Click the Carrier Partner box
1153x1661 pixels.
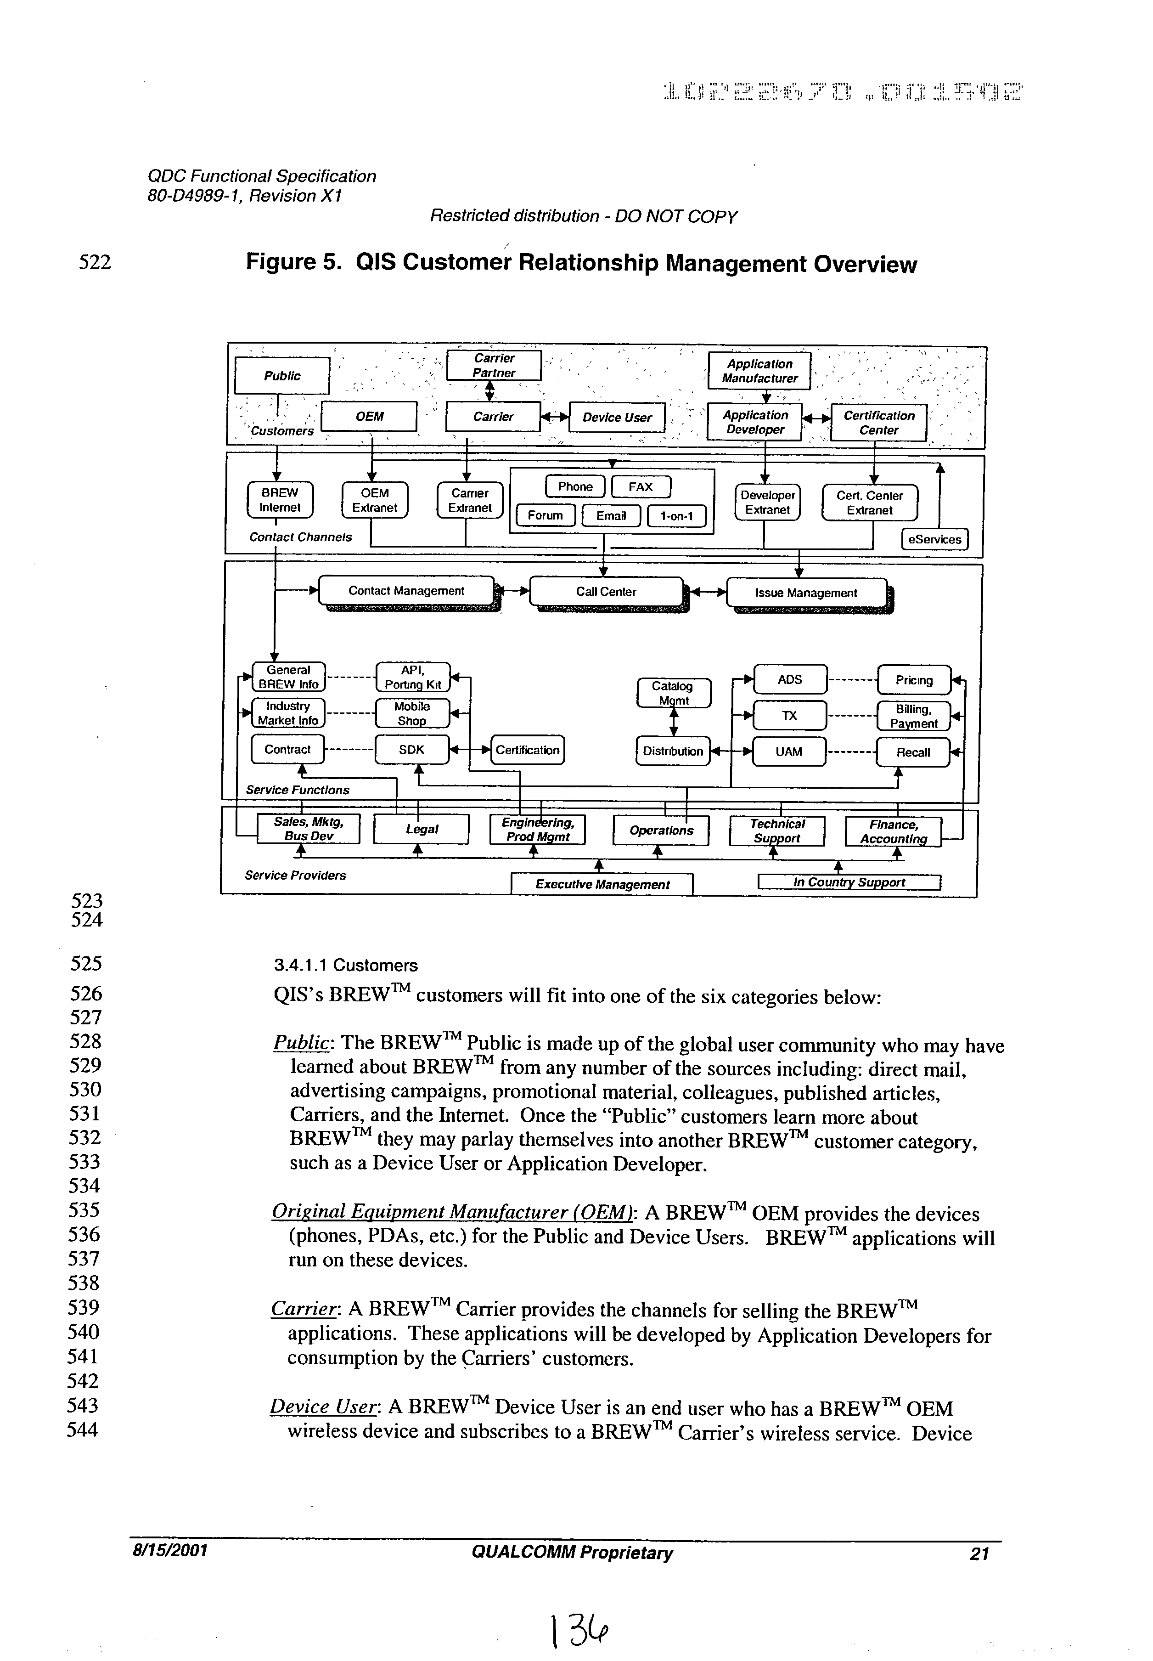point(494,366)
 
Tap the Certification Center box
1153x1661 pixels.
point(878,423)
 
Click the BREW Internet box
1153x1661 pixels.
point(280,500)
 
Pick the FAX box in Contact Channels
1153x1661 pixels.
point(641,487)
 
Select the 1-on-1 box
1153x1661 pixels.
point(676,516)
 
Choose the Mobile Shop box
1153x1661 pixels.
point(412,713)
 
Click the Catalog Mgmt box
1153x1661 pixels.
point(673,693)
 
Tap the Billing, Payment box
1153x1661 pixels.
point(913,716)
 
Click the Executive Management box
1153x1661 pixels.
point(602,884)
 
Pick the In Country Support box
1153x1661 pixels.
point(849,882)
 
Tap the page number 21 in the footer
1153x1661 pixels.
point(979,1554)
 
